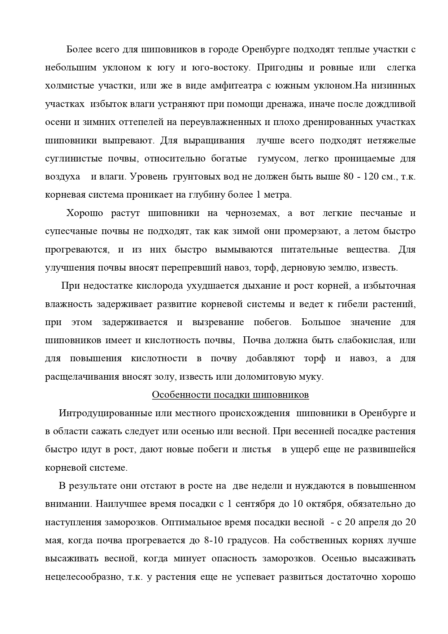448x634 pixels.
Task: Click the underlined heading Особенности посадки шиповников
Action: click(x=230, y=395)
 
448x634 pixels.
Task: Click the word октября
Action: click(x=323, y=504)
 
